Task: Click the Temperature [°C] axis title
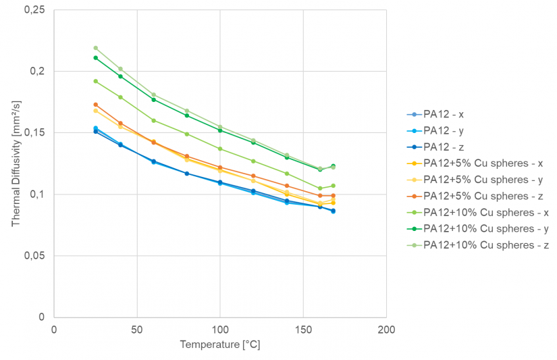click(x=219, y=345)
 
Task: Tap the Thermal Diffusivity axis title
click(x=16, y=163)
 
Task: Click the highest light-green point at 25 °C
click(x=95, y=48)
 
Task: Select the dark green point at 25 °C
click(x=95, y=57)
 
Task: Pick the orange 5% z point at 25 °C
click(x=95, y=105)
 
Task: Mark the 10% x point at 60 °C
click(x=153, y=120)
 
